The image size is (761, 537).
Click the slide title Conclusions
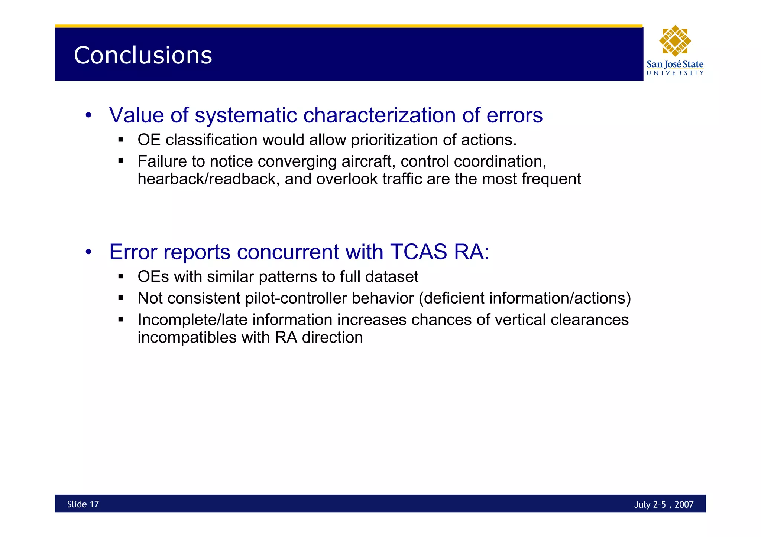pos(143,55)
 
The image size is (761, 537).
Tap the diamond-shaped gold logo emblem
pos(675,41)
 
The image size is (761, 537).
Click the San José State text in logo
pos(675,64)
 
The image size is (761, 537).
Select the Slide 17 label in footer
pos(83,504)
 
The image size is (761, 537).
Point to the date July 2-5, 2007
pos(663,504)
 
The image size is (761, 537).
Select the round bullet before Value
pos(88,115)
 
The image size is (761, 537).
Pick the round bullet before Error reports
pos(88,252)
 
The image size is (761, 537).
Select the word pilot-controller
pos(297,298)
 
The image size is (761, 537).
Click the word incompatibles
pos(187,338)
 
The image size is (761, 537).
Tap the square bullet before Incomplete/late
pos(121,320)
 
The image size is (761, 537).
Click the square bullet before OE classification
pos(121,140)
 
